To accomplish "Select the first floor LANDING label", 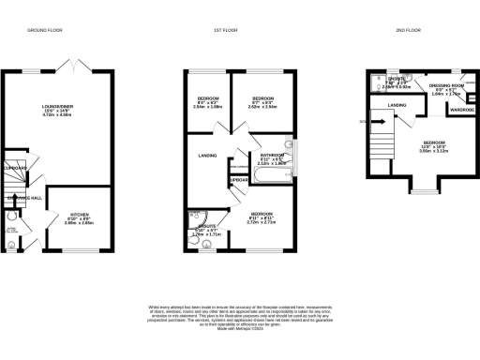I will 208,156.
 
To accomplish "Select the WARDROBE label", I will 462,110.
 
